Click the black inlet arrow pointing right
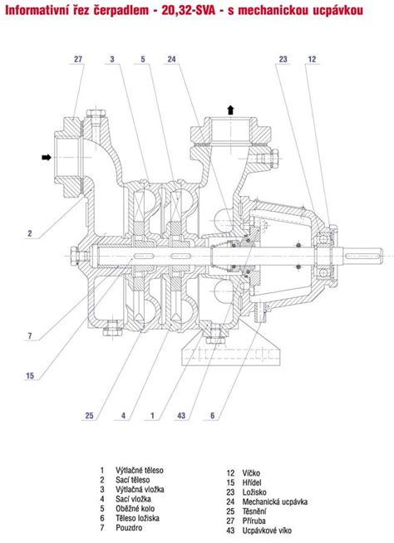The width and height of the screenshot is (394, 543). [x=46, y=158]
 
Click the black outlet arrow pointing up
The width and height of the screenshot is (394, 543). [x=230, y=110]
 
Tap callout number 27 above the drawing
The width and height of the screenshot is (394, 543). [x=78, y=59]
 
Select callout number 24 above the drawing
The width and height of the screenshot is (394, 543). [x=172, y=59]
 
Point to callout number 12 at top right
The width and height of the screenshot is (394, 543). [x=313, y=59]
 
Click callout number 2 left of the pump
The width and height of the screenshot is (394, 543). [x=30, y=233]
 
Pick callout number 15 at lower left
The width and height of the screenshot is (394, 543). [x=30, y=375]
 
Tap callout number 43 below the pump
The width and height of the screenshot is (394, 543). [x=181, y=415]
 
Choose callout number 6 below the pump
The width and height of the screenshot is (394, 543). [x=213, y=415]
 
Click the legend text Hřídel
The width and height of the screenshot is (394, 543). [x=252, y=482]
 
